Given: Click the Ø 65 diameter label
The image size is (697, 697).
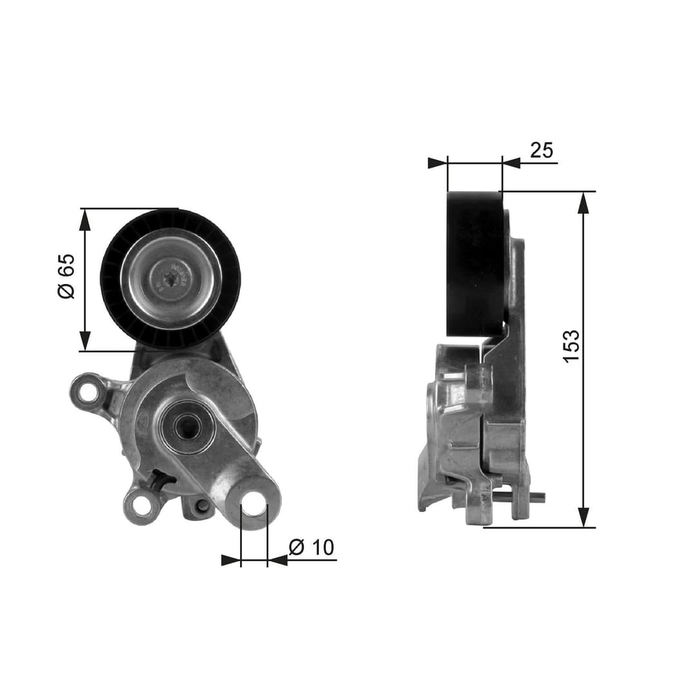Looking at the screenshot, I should tap(66, 276).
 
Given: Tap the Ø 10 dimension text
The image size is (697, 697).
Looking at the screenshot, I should tap(312, 548).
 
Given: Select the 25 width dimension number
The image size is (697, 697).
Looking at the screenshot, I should tap(541, 150).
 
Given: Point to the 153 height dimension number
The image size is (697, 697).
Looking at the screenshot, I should tap(571, 346).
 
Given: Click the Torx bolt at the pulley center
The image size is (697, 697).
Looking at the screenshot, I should tap(172, 279).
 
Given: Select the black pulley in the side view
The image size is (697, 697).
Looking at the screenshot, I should tap(475, 263).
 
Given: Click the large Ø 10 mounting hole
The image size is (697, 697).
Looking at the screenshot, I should tap(254, 503).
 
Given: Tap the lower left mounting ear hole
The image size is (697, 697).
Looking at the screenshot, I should tap(141, 507).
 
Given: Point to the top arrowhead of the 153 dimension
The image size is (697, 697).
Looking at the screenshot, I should tap(583, 203).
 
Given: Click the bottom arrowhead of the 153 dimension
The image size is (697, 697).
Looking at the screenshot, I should tap(583, 516).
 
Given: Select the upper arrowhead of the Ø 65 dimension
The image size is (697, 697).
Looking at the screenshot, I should tap(85, 220).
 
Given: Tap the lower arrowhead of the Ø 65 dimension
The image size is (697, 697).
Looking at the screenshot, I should tap(85, 340).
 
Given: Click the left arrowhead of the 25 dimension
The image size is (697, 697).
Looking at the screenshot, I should tap(437, 163).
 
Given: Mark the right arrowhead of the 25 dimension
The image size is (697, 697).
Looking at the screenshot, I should tap(512, 163).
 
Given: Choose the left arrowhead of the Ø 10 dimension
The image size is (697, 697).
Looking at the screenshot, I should tap(230, 560).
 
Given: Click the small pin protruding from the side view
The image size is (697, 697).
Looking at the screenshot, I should tap(537, 496).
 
